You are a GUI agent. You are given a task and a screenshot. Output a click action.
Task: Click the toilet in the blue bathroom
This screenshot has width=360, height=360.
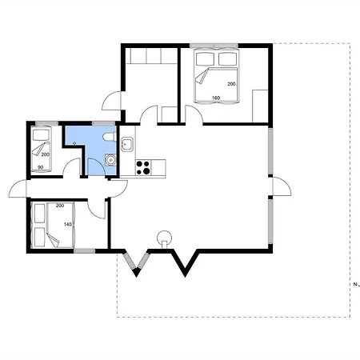pos(110,137)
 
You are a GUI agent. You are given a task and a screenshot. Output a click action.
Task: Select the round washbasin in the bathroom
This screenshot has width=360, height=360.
pos(110,160)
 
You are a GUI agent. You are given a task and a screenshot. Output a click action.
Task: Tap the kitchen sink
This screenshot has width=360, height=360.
pos(127,144)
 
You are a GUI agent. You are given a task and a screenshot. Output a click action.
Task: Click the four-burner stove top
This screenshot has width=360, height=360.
pos(143,167)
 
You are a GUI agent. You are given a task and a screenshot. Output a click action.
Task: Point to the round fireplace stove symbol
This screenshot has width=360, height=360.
pos(164,238)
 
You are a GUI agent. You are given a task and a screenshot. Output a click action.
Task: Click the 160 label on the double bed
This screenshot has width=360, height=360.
pos(216,98)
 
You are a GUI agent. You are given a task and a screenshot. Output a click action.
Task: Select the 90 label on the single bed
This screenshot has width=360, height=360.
pos(41,167)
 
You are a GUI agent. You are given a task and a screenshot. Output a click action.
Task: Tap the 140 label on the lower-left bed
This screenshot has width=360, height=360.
pos(68,224)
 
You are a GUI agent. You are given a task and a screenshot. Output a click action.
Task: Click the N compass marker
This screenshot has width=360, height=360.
pos(357,285)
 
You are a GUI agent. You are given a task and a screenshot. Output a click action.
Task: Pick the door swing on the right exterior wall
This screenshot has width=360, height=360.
pos(282,186)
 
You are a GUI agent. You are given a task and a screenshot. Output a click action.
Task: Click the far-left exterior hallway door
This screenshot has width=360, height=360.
pos(18,189)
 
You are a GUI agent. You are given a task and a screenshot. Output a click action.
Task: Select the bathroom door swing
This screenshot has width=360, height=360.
pos(96,166)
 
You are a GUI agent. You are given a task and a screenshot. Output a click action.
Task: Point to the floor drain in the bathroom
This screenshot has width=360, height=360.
pos(74,143)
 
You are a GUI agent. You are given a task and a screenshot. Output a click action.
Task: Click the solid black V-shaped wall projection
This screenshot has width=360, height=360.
pos(185,262)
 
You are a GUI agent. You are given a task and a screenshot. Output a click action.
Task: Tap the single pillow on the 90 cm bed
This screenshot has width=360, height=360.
pos(41,134)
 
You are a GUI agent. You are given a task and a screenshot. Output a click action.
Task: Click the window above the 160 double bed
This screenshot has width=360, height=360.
pos(214,46)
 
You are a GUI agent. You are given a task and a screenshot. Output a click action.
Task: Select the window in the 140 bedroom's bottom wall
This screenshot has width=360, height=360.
pos(85,251)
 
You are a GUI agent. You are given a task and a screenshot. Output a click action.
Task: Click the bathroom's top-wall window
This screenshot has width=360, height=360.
pos(103,123)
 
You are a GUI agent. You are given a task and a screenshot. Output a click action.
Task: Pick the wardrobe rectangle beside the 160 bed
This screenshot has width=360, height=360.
pos(260,106)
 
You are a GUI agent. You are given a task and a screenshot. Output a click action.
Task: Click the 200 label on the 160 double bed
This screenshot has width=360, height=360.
pos(231,84)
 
